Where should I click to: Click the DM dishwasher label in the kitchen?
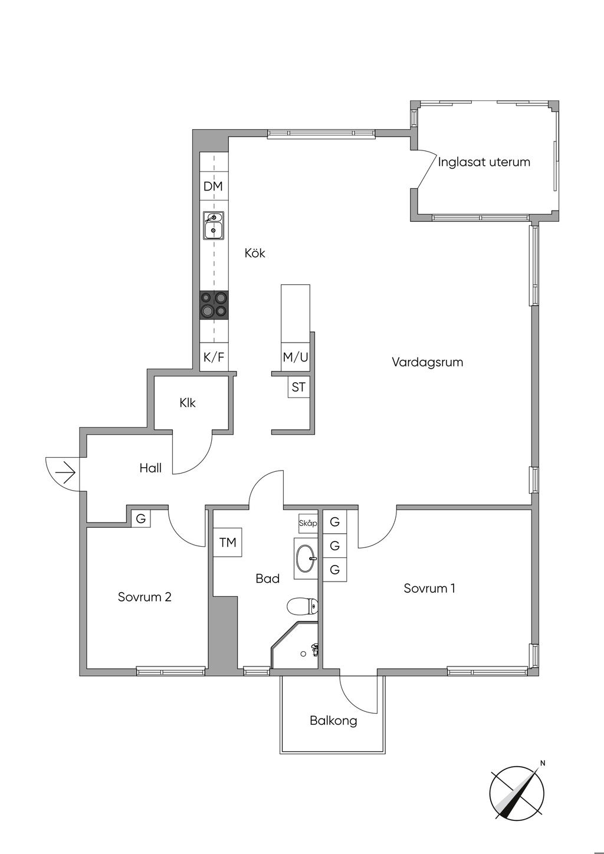tap(213, 186)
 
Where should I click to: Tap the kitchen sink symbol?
tap(214, 225)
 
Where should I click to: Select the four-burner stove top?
tap(214, 305)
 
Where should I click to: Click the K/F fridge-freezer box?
tap(214, 357)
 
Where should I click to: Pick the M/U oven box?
tap(296, 357)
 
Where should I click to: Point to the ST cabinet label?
tap(298, 387)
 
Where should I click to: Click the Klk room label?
tap(188, 403)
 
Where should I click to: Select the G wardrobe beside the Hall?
tap(141, 518)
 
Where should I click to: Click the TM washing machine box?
tap(227, 543)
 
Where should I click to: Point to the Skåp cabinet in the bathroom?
tap(308, 524)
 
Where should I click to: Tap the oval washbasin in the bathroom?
tap(306, 559)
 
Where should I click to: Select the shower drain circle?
tap(303, 654)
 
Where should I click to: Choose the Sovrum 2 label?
tap(145, 597)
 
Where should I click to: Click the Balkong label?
tap(333, 721)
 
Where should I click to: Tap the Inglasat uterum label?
tap(484, 162)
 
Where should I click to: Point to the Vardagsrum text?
tap(428, 362)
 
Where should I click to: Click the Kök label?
tap(255, 253)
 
